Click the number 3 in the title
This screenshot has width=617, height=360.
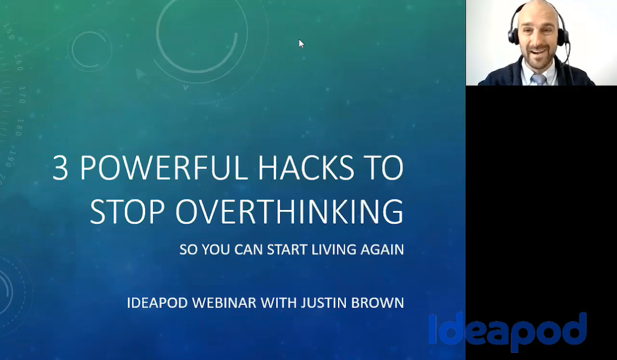[x=60, y=168]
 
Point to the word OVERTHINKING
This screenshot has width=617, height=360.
[x=290, y=212]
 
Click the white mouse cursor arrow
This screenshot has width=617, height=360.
[x=301, y=43]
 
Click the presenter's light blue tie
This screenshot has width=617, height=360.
[x=539, y=79]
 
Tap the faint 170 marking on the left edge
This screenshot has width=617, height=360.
[x=22, y=95]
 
